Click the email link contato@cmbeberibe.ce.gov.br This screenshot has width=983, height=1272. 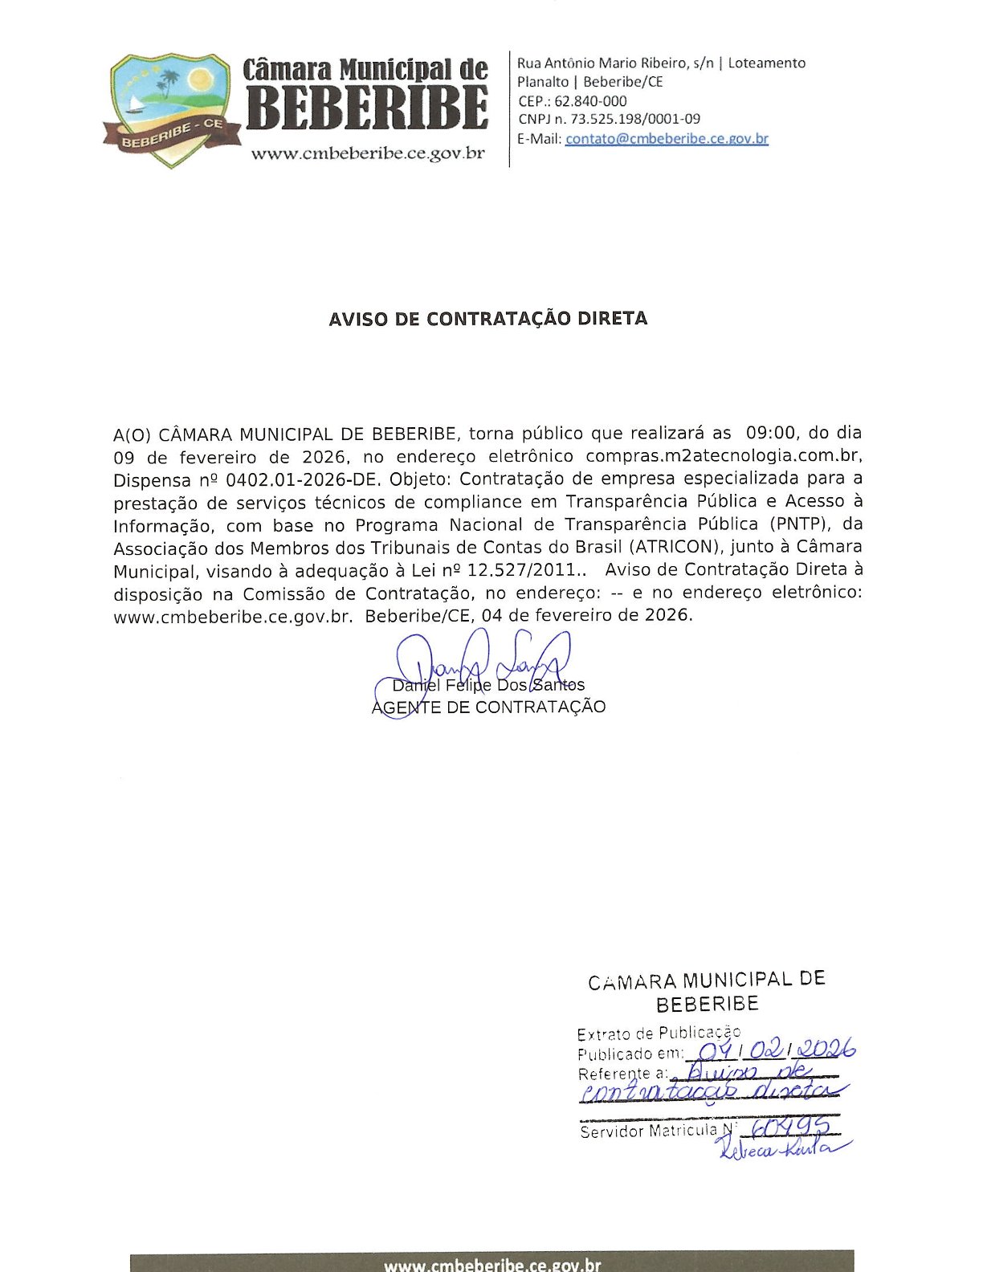coord(667,138)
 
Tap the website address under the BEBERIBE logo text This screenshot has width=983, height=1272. coord(367,153)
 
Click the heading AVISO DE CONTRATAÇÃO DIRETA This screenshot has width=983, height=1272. coord(487,319)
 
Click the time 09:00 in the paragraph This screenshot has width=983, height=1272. coord(770,433)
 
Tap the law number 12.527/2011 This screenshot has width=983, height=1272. coord(522,570)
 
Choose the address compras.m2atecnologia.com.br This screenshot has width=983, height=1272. coord(723,456)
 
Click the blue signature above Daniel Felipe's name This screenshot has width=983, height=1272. coord(474,662)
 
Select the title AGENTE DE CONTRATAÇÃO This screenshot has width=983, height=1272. coord(488,707)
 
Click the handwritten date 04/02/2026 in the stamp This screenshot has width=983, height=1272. coord(775,1050)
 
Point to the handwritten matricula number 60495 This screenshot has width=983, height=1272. coord(785,1129)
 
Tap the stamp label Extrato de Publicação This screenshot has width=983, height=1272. coord(659,1033)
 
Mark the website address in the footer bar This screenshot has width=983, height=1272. coord(491,1264)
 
